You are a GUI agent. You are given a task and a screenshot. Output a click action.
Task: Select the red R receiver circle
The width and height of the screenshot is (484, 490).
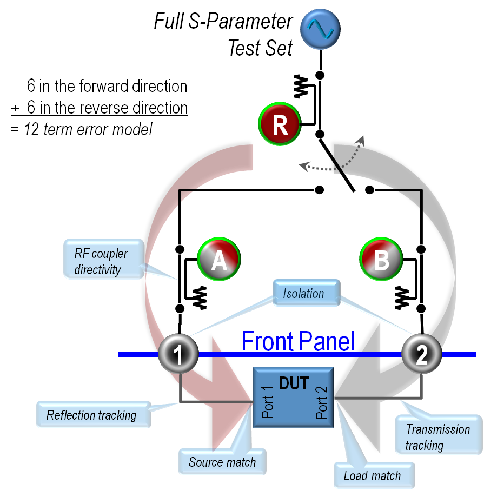pyautogui.click(x=280, y=124)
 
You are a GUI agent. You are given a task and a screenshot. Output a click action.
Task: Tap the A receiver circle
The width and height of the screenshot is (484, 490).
pyautogui.click(x=218, y=260)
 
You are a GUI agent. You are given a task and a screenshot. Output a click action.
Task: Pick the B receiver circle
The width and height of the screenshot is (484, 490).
pyautogui.click(x=381, y=260)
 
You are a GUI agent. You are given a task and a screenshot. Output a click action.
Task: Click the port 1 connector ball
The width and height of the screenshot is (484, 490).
pyautogui.click(x=178, y=354)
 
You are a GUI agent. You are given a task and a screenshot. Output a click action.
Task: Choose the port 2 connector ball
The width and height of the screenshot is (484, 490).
pyautogui.click(x=422, y=354)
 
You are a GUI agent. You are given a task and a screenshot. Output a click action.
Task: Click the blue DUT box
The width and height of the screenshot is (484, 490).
pyautogui.click(x=293, y=398)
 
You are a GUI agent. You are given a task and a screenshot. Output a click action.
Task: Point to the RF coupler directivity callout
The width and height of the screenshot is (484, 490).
pyautogui.click(x=103, y=259)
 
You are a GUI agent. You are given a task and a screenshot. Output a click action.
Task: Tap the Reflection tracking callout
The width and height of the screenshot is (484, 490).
pyautogui.click(x=92, y=415)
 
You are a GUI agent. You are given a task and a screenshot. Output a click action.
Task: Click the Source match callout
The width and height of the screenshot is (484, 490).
pyautogui.click(x=222, y=462)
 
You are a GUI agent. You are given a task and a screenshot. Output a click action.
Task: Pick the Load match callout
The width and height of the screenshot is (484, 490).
pyautogui.click(x=373, y=475)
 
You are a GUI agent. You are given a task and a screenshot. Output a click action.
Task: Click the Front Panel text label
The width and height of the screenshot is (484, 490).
pyautogui.click(x=297, y=341)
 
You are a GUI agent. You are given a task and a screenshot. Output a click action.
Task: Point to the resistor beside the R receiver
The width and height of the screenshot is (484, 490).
pyautogui.click(x=301, y=87)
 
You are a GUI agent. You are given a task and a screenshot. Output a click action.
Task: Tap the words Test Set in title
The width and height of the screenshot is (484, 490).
pyautogui.click(x=260, y=48)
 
